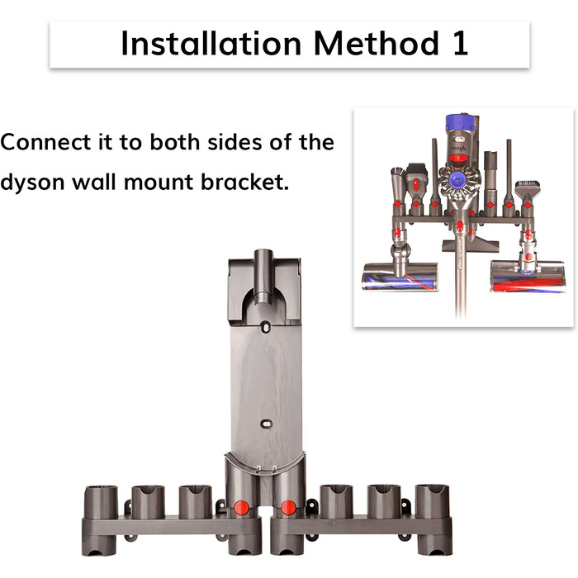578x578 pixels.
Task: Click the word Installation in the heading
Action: (211, 44)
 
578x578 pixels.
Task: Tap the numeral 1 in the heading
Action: (461, 44)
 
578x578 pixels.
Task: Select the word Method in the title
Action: (377, 44)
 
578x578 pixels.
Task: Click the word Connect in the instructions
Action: (45, 142)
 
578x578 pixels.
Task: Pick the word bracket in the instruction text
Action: (244, 182)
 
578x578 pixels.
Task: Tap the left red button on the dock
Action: (241, 508)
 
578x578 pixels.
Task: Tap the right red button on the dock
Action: (288, 508)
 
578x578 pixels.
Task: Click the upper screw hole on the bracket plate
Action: (265, 327)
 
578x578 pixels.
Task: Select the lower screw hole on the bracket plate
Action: (265, 424)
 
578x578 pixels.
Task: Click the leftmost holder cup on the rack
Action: (101, 502)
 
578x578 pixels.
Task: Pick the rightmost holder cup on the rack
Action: (433, 501)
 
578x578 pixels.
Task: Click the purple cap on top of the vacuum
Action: (459, 123)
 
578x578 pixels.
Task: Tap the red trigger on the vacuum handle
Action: (458, 159)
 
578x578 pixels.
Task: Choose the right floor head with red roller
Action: (528, 277)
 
